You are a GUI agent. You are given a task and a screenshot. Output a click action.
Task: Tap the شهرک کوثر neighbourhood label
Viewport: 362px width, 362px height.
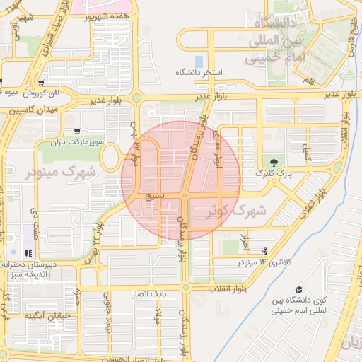(x=238, y=210)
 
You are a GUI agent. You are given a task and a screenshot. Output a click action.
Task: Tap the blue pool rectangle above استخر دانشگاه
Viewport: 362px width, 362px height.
(x=199, y=61)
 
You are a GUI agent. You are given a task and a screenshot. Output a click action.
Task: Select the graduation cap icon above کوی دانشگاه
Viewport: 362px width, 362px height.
(x=299, y=289)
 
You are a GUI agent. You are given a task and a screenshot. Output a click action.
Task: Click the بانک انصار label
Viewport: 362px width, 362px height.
(x=148, y=293)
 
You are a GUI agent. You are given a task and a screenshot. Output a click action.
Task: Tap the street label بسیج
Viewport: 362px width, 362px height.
(x=155, y=192)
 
